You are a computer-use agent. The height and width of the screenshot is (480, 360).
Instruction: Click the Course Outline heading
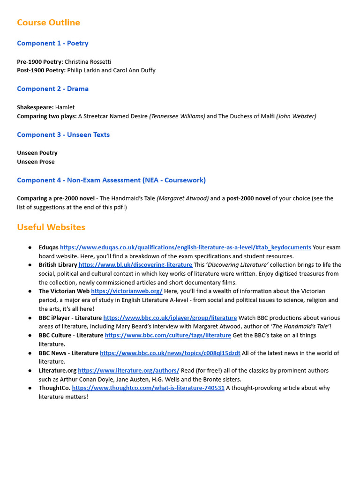pos(48,22)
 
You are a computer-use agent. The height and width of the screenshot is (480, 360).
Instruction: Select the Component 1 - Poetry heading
pos(52,43)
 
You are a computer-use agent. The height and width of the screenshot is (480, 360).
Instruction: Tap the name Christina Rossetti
pos(88,61)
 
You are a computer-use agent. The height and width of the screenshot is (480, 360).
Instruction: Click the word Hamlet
pos(65,107)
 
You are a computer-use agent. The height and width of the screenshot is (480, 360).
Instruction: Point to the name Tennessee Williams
pos(177,116)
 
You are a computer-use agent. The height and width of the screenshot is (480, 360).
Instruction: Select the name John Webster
pos(296,116)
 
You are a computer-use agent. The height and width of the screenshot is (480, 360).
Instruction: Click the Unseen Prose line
pos(36,162)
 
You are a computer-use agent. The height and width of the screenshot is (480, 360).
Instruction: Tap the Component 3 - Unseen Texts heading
pos(63,135)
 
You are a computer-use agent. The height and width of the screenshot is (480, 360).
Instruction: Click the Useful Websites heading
pos(51,227)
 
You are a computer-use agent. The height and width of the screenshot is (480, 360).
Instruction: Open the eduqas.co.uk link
pos(186,247)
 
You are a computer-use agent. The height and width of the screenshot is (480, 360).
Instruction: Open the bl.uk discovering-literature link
pos(135,265)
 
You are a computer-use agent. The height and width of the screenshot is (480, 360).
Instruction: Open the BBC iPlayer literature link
pos(170,318)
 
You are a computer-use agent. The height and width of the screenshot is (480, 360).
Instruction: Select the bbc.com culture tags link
pos(168,335)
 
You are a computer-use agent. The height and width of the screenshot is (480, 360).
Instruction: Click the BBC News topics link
pos(170,353)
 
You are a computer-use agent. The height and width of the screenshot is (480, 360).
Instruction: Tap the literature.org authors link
pos(128,370)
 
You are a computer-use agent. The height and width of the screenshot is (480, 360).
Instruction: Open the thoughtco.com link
pos(148,388)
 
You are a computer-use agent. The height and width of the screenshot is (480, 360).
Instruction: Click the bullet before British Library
pos(30,265)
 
